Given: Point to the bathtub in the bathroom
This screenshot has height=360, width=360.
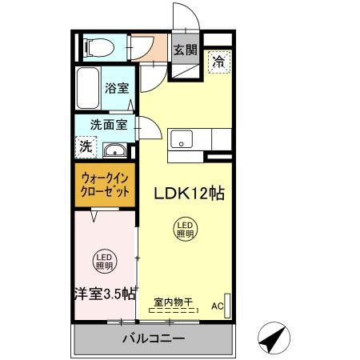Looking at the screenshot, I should coord(88,89).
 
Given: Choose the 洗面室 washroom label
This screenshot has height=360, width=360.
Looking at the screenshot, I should coord(108,125).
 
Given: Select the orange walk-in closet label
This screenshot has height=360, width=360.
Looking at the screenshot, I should coord(106,186).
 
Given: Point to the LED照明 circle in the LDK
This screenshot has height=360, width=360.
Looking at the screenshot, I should coord(185,230).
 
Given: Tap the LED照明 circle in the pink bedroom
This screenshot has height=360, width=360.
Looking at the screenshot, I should coord(105,261).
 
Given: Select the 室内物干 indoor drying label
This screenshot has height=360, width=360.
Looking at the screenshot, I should coord(174,302).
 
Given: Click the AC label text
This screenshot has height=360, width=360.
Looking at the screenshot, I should coord(218,306).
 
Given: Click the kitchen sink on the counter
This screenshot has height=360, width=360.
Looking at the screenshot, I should coord(180,138).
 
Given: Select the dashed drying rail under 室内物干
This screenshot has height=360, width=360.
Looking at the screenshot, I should coord(174,310).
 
